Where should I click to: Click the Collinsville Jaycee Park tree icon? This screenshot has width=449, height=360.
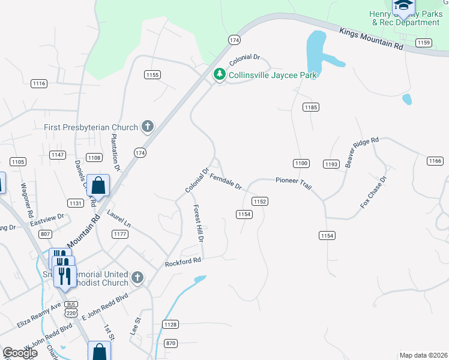coord(220,74)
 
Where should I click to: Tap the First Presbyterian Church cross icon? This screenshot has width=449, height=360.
coord(147,127)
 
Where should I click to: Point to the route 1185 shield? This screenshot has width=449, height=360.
coord(310,107)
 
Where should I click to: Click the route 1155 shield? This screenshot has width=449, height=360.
coord(152,74)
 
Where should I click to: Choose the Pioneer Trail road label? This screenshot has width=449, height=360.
coord(294,183)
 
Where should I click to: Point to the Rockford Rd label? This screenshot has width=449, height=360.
coord(183,262)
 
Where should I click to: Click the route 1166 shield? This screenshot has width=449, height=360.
coord(435,161)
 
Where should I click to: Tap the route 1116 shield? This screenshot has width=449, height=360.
coord(40,83)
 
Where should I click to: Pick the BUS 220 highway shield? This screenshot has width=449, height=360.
coord(71,308)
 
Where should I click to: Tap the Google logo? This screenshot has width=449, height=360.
coord(20,353)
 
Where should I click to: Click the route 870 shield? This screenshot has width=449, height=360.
coord(171,343)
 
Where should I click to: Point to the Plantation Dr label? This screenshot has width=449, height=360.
coord(115,151)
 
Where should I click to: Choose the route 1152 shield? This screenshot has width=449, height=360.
coord(259,202)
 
